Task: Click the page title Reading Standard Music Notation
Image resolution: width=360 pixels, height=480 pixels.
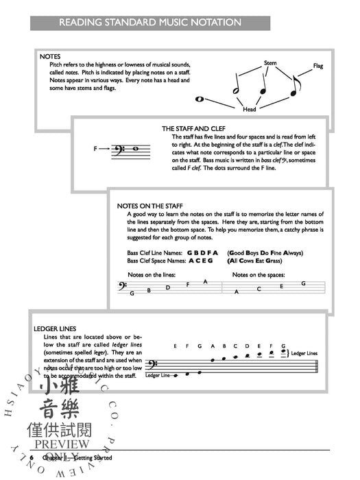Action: (149, 23)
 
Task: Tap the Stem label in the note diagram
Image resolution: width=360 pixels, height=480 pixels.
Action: (270, 63)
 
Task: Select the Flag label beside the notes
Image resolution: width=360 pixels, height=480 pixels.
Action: (317, 67)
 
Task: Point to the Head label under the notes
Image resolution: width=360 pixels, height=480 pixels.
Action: (250, 108)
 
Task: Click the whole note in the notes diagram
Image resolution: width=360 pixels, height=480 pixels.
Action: (200, 99)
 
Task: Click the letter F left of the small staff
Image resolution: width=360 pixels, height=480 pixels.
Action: (95, 149)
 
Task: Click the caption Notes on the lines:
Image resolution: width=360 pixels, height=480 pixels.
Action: (152, 274)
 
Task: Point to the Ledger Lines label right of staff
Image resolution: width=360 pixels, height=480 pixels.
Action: (304, 353)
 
